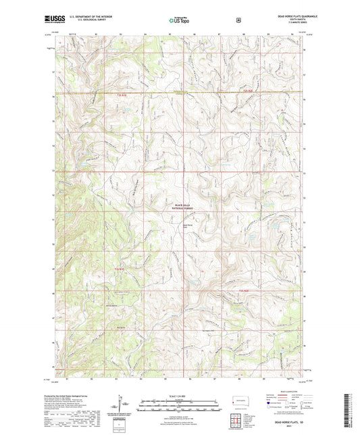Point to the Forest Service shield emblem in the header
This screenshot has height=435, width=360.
tap(238, 20)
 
